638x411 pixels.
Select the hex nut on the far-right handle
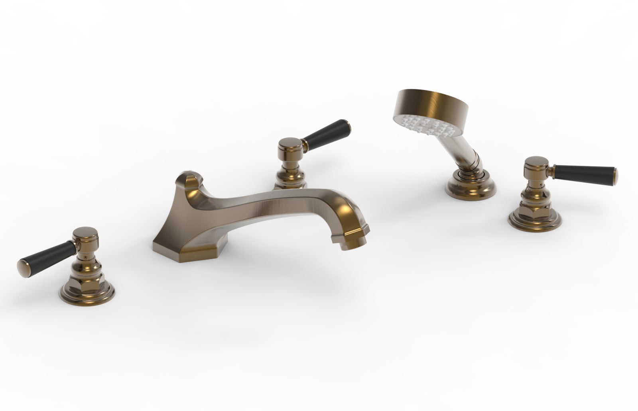(536, 205)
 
